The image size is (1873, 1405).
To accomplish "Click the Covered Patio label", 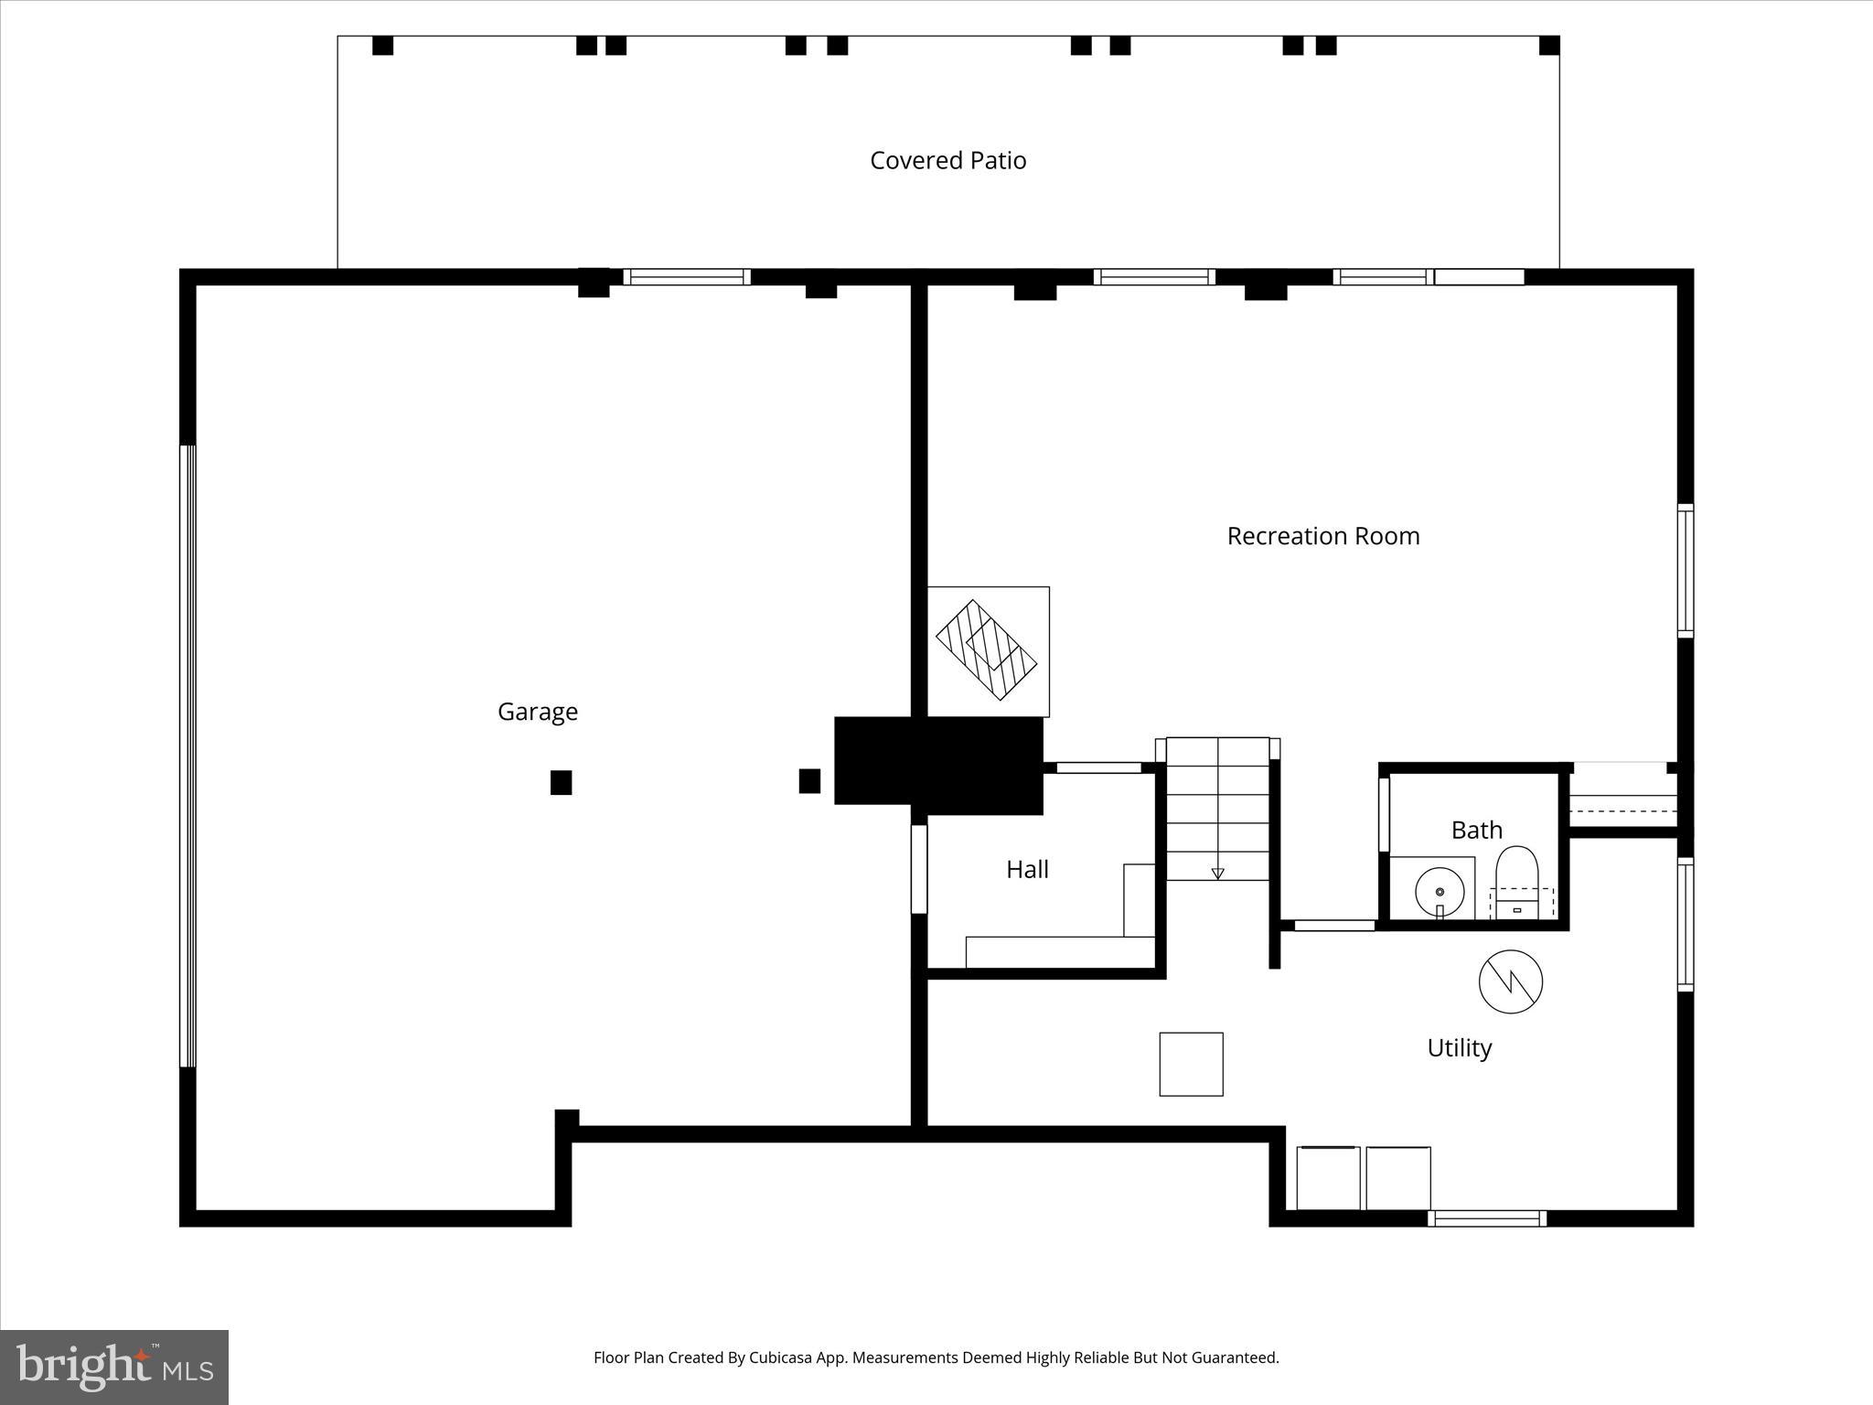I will pos(947,161).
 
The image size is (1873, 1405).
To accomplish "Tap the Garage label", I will pos(537,712).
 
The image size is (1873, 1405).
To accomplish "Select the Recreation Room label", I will pos(1322,536).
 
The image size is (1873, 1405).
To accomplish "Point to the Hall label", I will pos(1027,870).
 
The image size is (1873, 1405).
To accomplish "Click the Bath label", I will pos(1476,831).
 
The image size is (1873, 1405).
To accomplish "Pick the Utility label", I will pos(1459,1048).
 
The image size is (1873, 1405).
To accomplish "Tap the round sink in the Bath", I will pos(1440,891).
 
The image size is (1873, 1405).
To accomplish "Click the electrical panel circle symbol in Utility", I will pos(1510,982).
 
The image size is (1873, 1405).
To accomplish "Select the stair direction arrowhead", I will pos(1217,874).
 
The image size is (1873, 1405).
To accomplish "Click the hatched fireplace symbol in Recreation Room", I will pos(986,650).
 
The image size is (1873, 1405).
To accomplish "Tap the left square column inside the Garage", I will pos(561,783).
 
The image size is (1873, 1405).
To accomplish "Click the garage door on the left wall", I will pos(187,756).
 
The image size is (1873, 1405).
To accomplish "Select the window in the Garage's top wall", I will pos(687,277).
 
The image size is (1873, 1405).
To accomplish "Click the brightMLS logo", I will pos(114,1367).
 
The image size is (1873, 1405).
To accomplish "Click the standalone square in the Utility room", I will pos(1191,1064).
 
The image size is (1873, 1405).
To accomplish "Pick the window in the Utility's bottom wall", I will pos(1486,1218).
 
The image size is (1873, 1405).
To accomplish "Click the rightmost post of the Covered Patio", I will pos(1548,46).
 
